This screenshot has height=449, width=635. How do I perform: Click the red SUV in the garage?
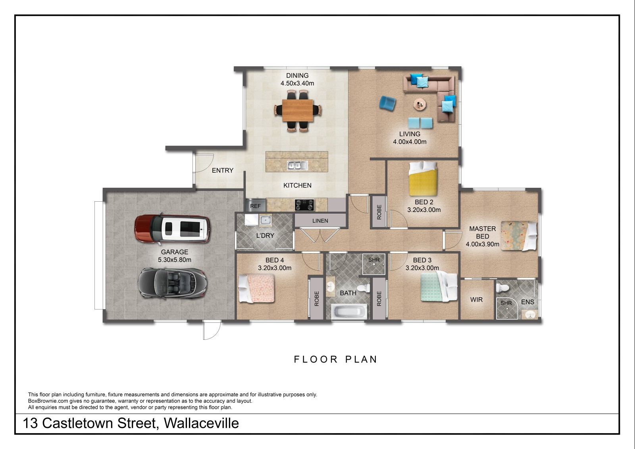(172, 229)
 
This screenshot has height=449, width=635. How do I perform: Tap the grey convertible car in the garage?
(172, 283)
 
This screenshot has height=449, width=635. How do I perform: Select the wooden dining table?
(298, 110)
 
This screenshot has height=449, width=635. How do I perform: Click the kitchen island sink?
(297, 165)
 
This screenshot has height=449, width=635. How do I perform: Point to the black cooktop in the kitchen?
(304, 205)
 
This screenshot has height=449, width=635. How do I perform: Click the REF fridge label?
(255, 206)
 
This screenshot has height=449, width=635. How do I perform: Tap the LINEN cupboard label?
(320, 221)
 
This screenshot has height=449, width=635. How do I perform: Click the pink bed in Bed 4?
(256, 288)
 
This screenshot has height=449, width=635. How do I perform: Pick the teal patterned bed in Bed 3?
(439, 287)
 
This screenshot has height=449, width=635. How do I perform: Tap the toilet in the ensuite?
(502, 287)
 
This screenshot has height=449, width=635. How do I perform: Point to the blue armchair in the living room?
(387, 103)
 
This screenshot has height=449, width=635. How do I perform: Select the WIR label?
(476, 299)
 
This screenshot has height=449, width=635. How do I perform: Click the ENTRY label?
(223, 170)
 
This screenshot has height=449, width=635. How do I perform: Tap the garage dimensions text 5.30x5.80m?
(175, 260)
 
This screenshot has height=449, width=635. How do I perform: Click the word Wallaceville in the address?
(201, 423)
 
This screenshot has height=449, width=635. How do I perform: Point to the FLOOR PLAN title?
(336, 359)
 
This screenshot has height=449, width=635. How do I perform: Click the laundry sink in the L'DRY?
(266, 220)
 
